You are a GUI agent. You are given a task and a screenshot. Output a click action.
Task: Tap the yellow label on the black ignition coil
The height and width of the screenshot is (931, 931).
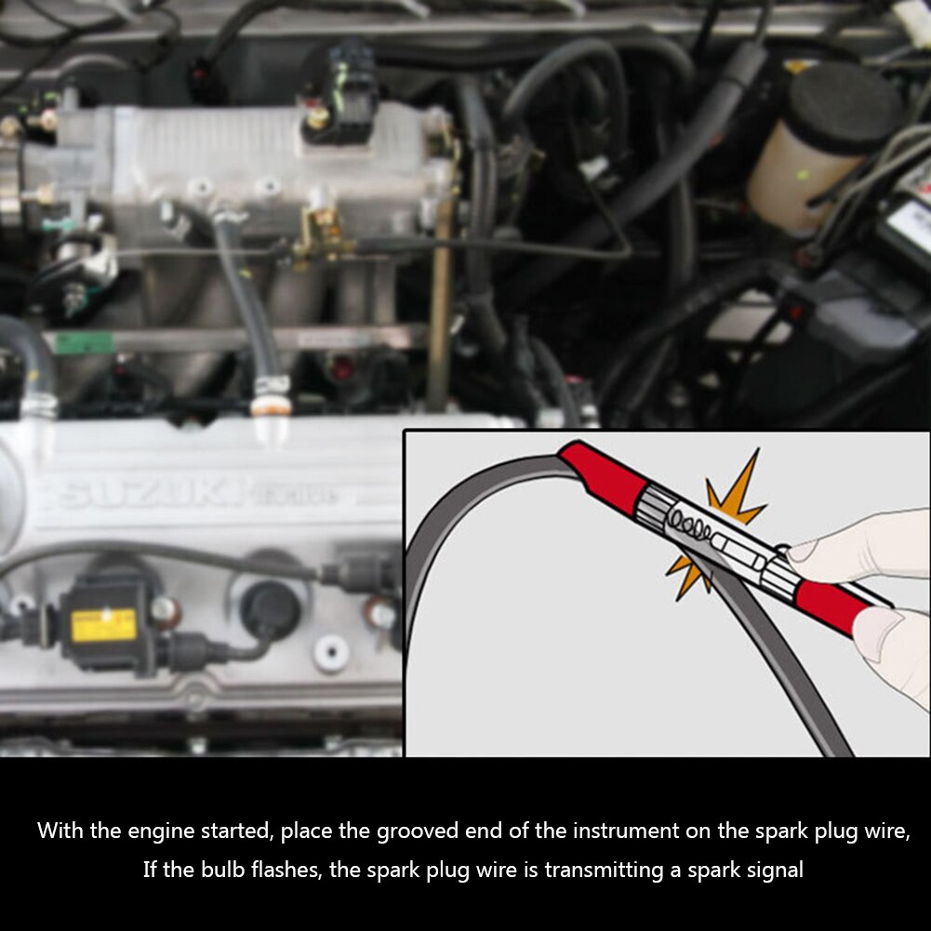click(103, 625)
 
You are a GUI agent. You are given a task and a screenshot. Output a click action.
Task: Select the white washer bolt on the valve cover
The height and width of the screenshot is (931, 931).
click(331, 652)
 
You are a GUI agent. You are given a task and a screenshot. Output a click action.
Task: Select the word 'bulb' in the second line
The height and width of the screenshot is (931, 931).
click(204, 871)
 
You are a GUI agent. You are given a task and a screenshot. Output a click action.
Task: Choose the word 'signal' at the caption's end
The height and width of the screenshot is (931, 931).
click(774, 871)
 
